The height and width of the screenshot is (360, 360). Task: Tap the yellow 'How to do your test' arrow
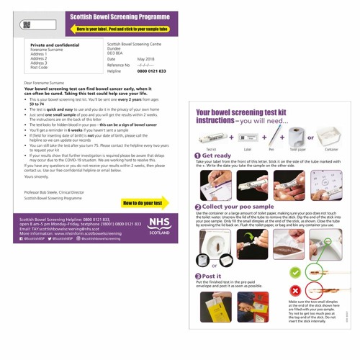[144, 203]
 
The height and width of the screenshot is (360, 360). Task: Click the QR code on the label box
[27, 24]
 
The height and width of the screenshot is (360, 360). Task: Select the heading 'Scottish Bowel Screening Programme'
[118, 16]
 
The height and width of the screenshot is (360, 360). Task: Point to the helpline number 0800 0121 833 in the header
[151, 71]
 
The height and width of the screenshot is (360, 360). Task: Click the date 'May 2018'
[146, 59]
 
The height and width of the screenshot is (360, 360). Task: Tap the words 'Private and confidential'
[55, 45]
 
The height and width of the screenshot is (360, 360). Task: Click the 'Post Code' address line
[39, 67]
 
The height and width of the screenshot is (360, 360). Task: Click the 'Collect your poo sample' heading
[241, 207]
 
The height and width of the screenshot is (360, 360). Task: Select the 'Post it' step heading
[213, 276]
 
